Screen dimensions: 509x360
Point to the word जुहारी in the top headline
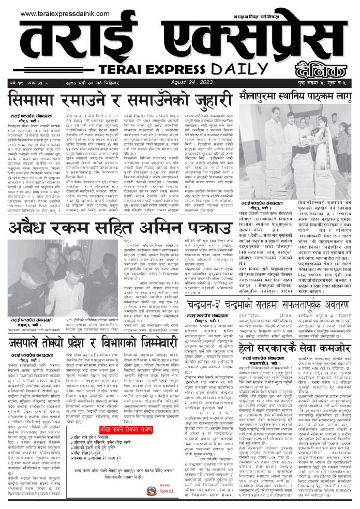206,98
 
